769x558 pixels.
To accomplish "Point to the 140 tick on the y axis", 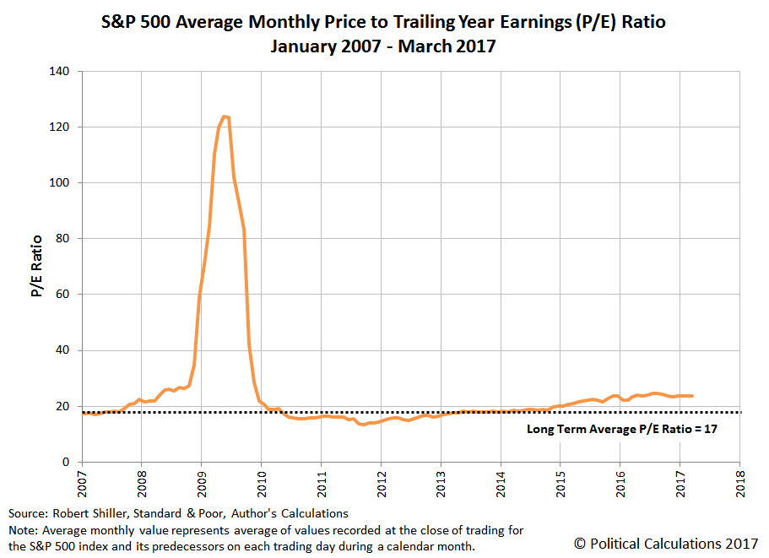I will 61,71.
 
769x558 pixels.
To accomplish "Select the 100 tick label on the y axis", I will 61,182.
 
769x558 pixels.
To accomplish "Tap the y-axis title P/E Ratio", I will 37,267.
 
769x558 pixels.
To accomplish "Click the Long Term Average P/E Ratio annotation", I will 620,429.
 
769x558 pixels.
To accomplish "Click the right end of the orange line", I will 692,395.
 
